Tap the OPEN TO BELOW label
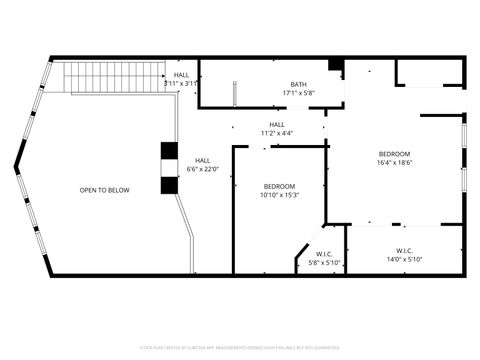(x=105, y=190)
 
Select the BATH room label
(x=298, y=84)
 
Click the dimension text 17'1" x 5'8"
(x=298, y=93)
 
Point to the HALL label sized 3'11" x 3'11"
(x=181, y=75)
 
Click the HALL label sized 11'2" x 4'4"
(x=276, y=124)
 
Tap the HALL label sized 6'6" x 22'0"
(x=202, y=160)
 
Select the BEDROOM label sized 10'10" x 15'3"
(x=279, y=186)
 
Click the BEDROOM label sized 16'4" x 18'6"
(x=394, y=153)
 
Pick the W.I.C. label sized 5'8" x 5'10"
(x=324, y=254)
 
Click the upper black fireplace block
(x=168, y=152)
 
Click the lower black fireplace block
(x=168, y=185)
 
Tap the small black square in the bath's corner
(x=335, y=66)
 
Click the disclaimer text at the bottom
(x=239, y=347)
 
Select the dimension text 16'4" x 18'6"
(x=394, y=162)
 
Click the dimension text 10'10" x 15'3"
(x=279, y=195)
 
